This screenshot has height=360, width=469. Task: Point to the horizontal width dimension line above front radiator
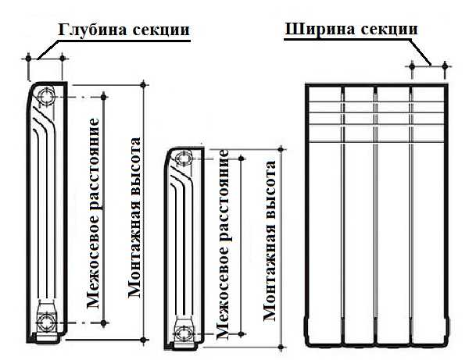point(428,67)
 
